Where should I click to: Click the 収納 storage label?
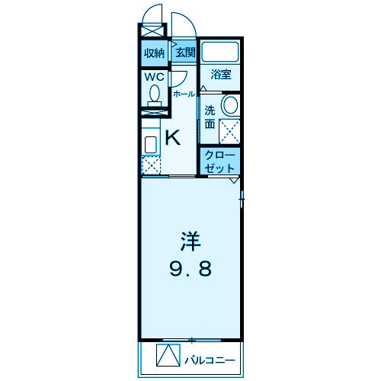[154, 53]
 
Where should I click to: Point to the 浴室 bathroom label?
[221, 75]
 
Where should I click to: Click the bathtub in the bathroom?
[221, 53]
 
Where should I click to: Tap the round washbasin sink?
[229, 104]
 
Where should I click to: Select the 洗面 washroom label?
[210, 117]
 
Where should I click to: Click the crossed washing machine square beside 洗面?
[229, 131]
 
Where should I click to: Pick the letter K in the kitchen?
[173, 138]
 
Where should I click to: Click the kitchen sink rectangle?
[150, 144]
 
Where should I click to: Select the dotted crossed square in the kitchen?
[151, 165]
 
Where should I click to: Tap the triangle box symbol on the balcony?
[167, 356]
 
